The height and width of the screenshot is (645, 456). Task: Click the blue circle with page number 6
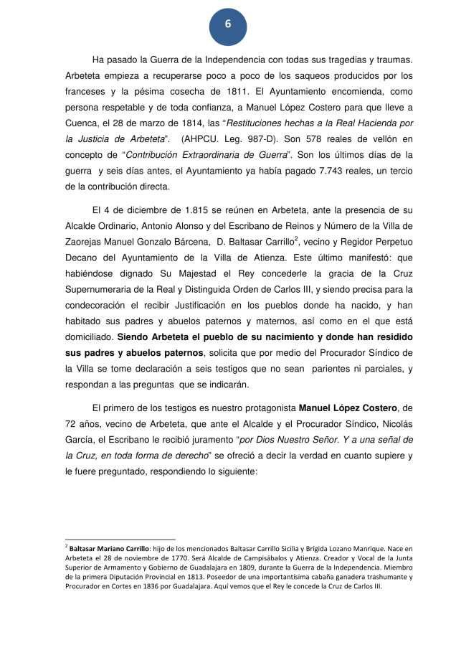[228, 24]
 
